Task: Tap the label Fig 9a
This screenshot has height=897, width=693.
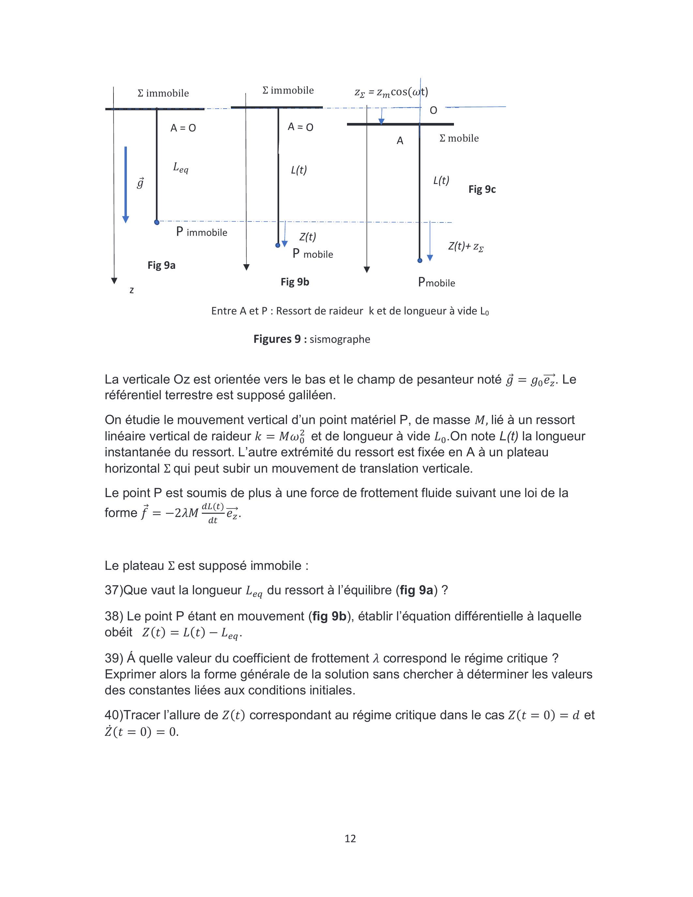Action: coord(161,265)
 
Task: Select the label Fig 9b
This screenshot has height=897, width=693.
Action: coord(295,282)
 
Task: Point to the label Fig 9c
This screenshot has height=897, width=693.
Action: coord(482,189)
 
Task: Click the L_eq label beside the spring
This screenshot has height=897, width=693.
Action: coord(181,168)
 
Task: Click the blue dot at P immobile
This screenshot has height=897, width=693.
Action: coord(157,222)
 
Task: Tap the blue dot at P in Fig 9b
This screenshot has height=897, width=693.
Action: coord(278,245)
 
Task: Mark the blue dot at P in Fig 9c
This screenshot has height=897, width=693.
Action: coord(420,260)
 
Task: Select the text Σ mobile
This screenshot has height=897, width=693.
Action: coord(459,138)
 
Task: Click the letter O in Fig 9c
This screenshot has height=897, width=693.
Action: coord(433,111)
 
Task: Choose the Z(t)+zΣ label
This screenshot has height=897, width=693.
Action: coord(466,246)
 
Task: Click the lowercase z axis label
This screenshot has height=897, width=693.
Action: coord(131,290)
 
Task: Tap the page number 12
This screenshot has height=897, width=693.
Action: coord(350,838)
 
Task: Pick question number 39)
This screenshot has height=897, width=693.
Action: coord(114,658)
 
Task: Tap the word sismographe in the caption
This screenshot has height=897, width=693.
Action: coord(340,339)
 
